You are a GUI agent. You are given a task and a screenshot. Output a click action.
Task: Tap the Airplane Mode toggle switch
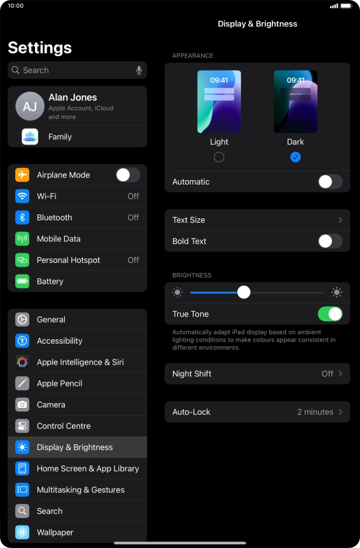coord(128,175)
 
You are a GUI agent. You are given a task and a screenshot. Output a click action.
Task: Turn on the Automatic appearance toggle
coord(330,182)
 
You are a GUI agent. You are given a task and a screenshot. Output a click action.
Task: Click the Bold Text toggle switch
coord(330,241)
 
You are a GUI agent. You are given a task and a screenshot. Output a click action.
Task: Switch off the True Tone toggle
coord(330,314)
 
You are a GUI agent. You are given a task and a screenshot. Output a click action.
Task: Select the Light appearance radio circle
coord(219,157)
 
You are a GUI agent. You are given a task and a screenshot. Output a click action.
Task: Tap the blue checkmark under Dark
coord(295,157)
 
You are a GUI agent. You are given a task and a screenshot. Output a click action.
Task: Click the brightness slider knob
coord(244,292)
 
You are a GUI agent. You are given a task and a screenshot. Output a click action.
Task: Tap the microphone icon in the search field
coord(139,70)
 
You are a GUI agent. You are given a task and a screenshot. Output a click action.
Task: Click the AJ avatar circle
coord(30,106)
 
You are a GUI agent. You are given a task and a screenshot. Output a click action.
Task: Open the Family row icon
coord(30,137)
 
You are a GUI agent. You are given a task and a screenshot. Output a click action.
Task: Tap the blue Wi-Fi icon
coord(22,196)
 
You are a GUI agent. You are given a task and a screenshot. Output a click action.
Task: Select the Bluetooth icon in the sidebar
coord(22,218)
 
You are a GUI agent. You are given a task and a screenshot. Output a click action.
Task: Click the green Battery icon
coord(22,281)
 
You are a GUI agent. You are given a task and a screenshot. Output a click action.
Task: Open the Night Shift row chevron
coord(340,374)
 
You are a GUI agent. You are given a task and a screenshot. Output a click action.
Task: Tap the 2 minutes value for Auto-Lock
coord(315,412)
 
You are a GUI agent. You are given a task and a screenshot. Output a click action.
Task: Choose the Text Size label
coord(188,220)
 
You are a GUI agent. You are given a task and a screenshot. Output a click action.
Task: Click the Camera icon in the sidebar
coord(22,405)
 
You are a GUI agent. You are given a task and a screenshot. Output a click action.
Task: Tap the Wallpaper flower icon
coord(22,532)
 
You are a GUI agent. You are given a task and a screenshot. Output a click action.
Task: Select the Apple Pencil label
coord(60,383)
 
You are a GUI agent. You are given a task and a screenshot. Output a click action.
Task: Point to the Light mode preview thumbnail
coord(219,102)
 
